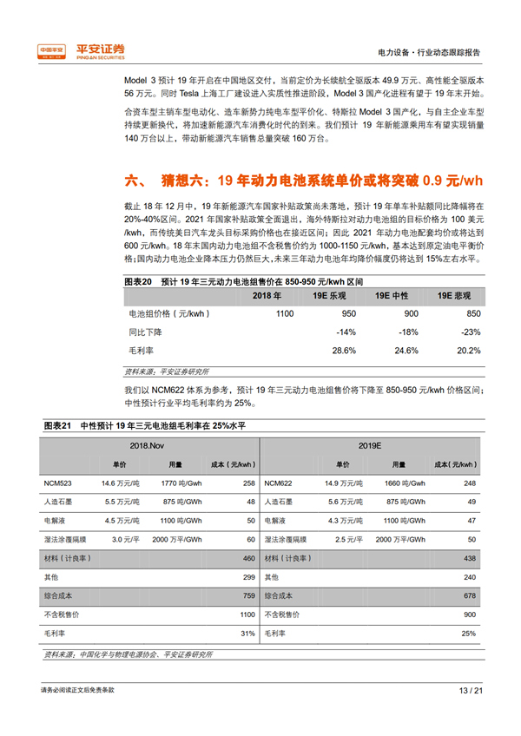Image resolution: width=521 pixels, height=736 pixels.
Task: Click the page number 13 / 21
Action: coord(469,691)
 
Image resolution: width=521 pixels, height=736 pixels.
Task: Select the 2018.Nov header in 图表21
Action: coord(147,444)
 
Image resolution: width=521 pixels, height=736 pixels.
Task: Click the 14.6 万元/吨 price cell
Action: coord(121,483)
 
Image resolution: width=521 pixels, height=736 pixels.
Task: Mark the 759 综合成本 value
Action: coord(248,596)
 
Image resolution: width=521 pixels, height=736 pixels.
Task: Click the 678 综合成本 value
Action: coord(470,596)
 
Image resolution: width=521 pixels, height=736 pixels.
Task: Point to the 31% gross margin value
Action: coord(248,634)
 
